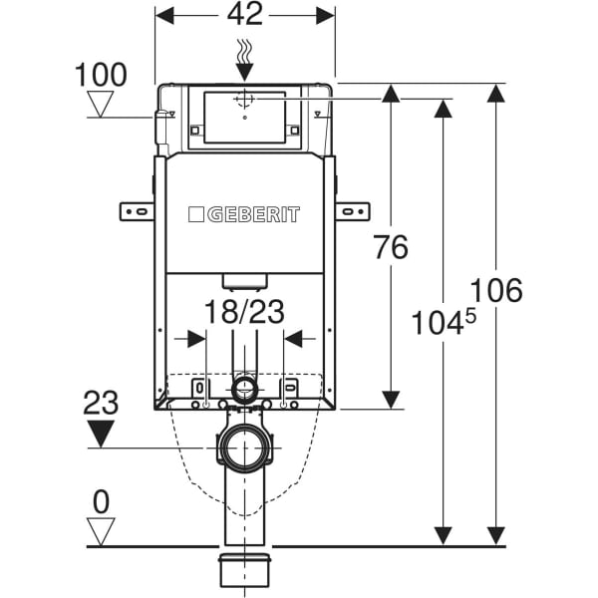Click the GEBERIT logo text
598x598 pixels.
pos(244,214)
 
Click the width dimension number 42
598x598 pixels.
pos(244,15)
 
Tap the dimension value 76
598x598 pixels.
pos(391,247)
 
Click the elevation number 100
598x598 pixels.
pos(100,75)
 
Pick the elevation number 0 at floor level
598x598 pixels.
pos(100,501)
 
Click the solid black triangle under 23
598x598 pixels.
pos(100,434)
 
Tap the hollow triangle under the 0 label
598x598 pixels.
pos(100,530)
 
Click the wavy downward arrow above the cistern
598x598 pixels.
pos(244,60)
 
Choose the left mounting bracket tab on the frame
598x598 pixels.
pos(137,211)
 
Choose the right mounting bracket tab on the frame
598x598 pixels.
pos(353,211)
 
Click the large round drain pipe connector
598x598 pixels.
pos(244,448)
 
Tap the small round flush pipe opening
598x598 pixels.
pos(244,387)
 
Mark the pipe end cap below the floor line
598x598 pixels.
pos(244,572)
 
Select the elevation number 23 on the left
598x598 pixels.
pos(100,403)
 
